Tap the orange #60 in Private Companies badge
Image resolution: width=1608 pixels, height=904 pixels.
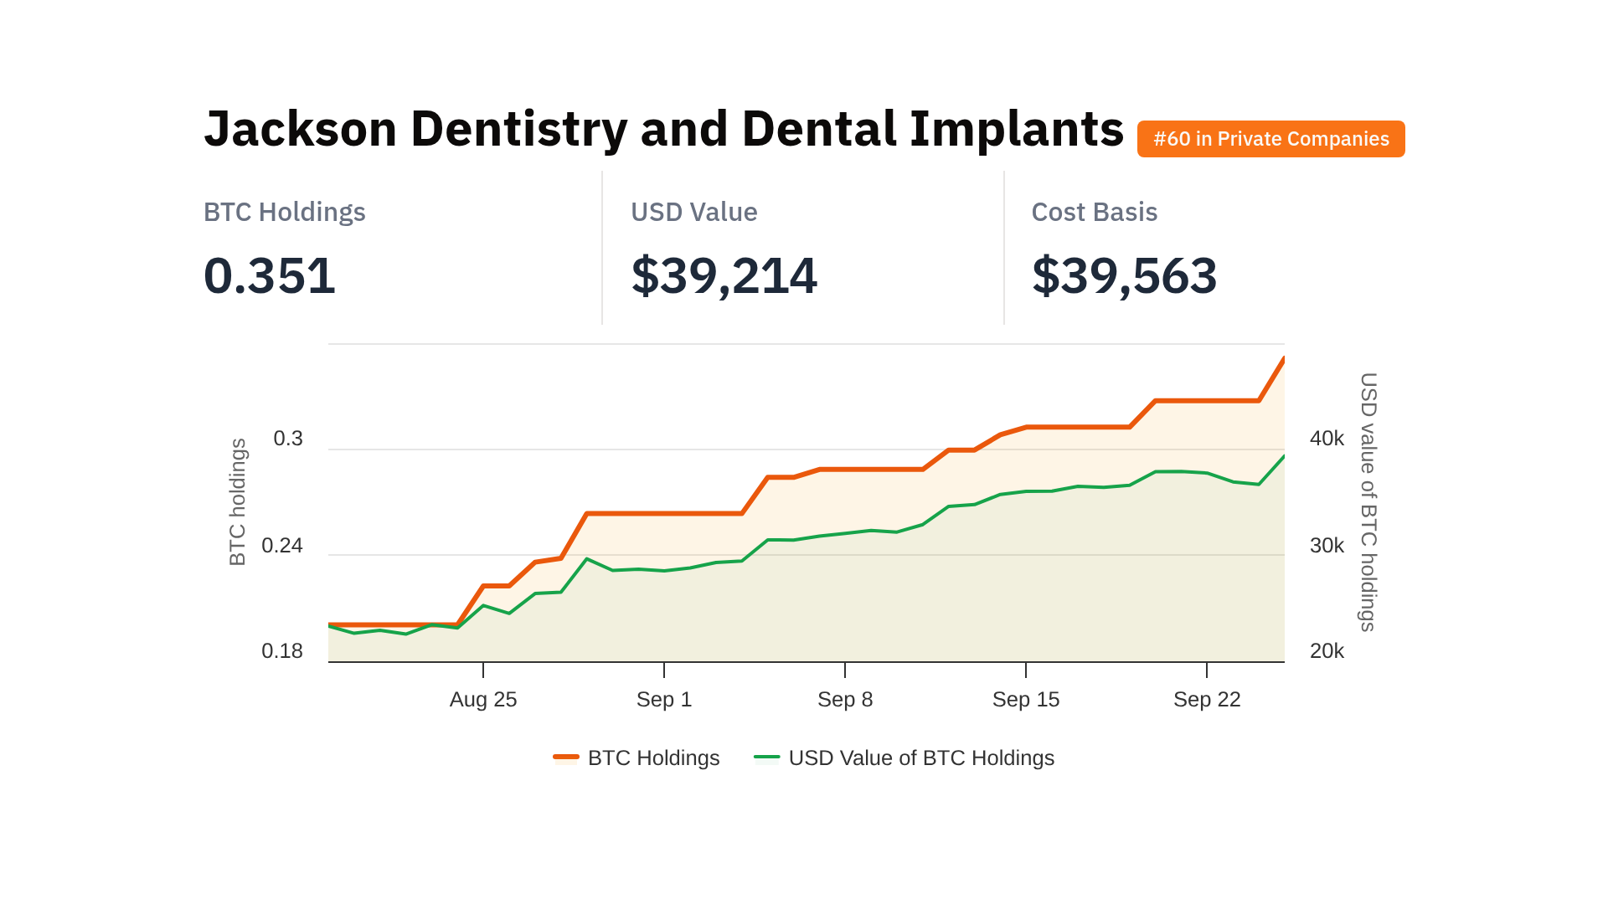tap(1270, 139)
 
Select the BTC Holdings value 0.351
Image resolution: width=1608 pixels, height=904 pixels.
tap(270, 276)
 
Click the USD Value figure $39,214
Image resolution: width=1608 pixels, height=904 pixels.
tap(724, 276)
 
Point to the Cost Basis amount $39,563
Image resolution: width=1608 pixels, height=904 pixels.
tap(1124, 276)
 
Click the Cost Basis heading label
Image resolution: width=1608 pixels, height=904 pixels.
tap(1094, 213)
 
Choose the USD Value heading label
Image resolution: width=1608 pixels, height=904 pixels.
tap(693, 213)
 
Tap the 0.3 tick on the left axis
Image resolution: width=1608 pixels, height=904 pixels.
tap(288, 439)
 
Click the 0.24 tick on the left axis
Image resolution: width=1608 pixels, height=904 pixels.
tap(282, 546)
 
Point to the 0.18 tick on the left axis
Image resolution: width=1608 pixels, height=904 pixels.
tap(282, 651)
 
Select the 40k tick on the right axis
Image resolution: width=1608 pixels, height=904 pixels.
tap(1327, 439)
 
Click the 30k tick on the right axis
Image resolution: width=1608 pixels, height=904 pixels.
tap(1327, 546)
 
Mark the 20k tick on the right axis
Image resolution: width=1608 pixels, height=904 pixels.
tap(1327, 651)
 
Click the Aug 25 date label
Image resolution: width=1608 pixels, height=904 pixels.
tap(483, 700)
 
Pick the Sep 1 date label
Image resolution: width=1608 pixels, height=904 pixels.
tap(664, 700)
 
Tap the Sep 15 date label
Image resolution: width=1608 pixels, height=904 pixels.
tap(1026, 700)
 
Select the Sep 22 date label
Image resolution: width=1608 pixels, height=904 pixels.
tap(1207, 700)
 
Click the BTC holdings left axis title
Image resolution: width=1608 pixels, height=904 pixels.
tap(238, 502)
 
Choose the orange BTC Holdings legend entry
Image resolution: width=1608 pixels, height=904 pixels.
tap(636, 758)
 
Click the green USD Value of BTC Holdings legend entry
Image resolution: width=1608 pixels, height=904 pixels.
tap(904, 758)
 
